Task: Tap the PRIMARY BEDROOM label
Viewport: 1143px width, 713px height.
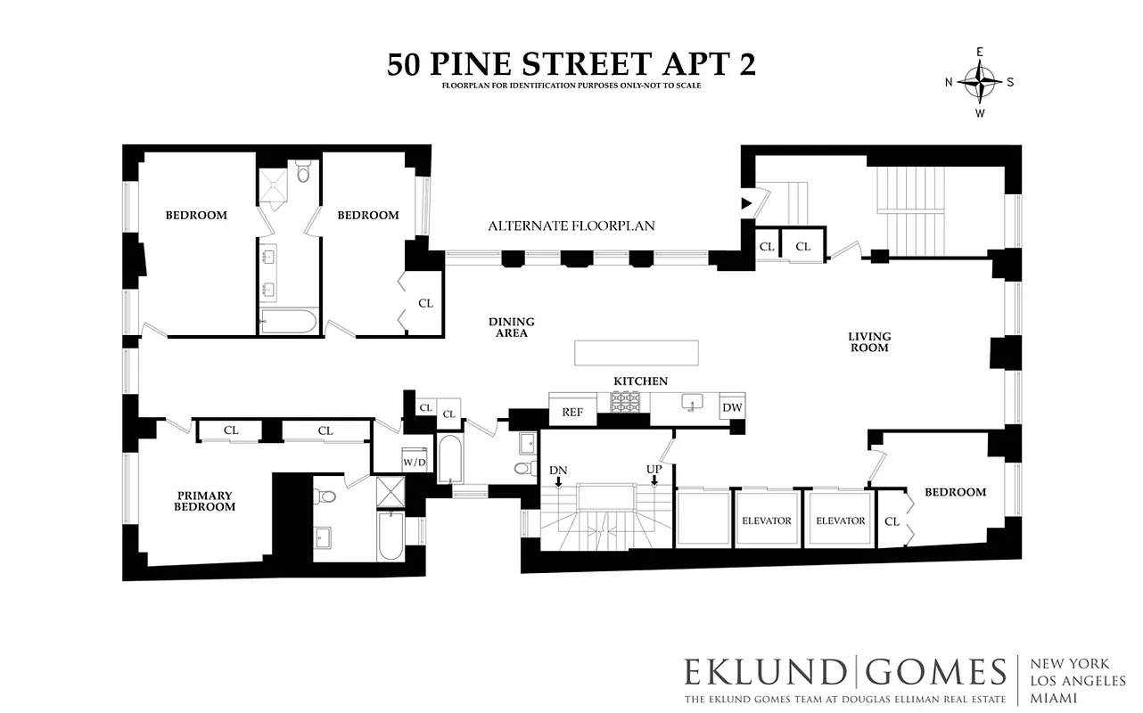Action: tap(204, 501)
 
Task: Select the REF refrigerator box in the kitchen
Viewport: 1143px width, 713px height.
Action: tap(571, 412)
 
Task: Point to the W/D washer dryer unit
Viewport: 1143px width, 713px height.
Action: tap(414, 462)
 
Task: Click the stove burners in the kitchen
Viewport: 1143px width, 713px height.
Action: tap(627, 403)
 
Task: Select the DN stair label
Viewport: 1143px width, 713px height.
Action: tap(558, 470)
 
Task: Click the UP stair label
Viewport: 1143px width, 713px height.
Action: tap(654, 469)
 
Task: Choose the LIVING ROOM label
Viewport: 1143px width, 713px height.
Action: tap(868, 342)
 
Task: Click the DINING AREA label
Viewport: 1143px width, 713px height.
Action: tap(511, 327)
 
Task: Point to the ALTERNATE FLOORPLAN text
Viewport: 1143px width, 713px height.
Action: tap(571, 225)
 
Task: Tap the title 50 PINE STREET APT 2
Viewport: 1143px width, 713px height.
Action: tap(571, 64)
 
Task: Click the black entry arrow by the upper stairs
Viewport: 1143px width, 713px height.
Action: tap(746, 204)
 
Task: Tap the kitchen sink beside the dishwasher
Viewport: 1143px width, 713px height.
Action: tap(689, 404)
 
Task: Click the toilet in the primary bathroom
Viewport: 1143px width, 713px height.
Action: tap(326, 497)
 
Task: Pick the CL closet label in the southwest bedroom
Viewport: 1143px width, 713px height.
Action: tap(892, 521)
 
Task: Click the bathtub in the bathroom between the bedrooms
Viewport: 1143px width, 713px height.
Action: tap(288, 321)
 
